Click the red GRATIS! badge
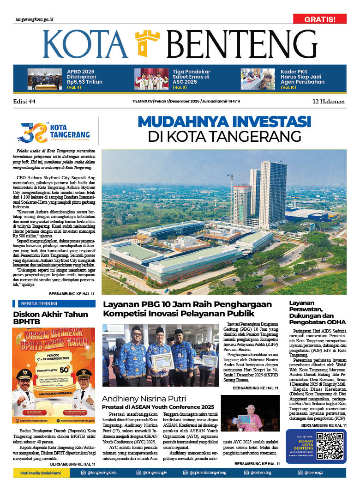[319, 19]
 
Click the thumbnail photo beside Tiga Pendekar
[151, 79]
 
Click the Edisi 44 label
[24, 101]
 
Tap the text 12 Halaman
[329, 101]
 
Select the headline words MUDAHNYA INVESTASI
[224, 122]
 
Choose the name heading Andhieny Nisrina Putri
[144, 399]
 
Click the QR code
[330, 446]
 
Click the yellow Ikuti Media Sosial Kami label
[42, 473]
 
